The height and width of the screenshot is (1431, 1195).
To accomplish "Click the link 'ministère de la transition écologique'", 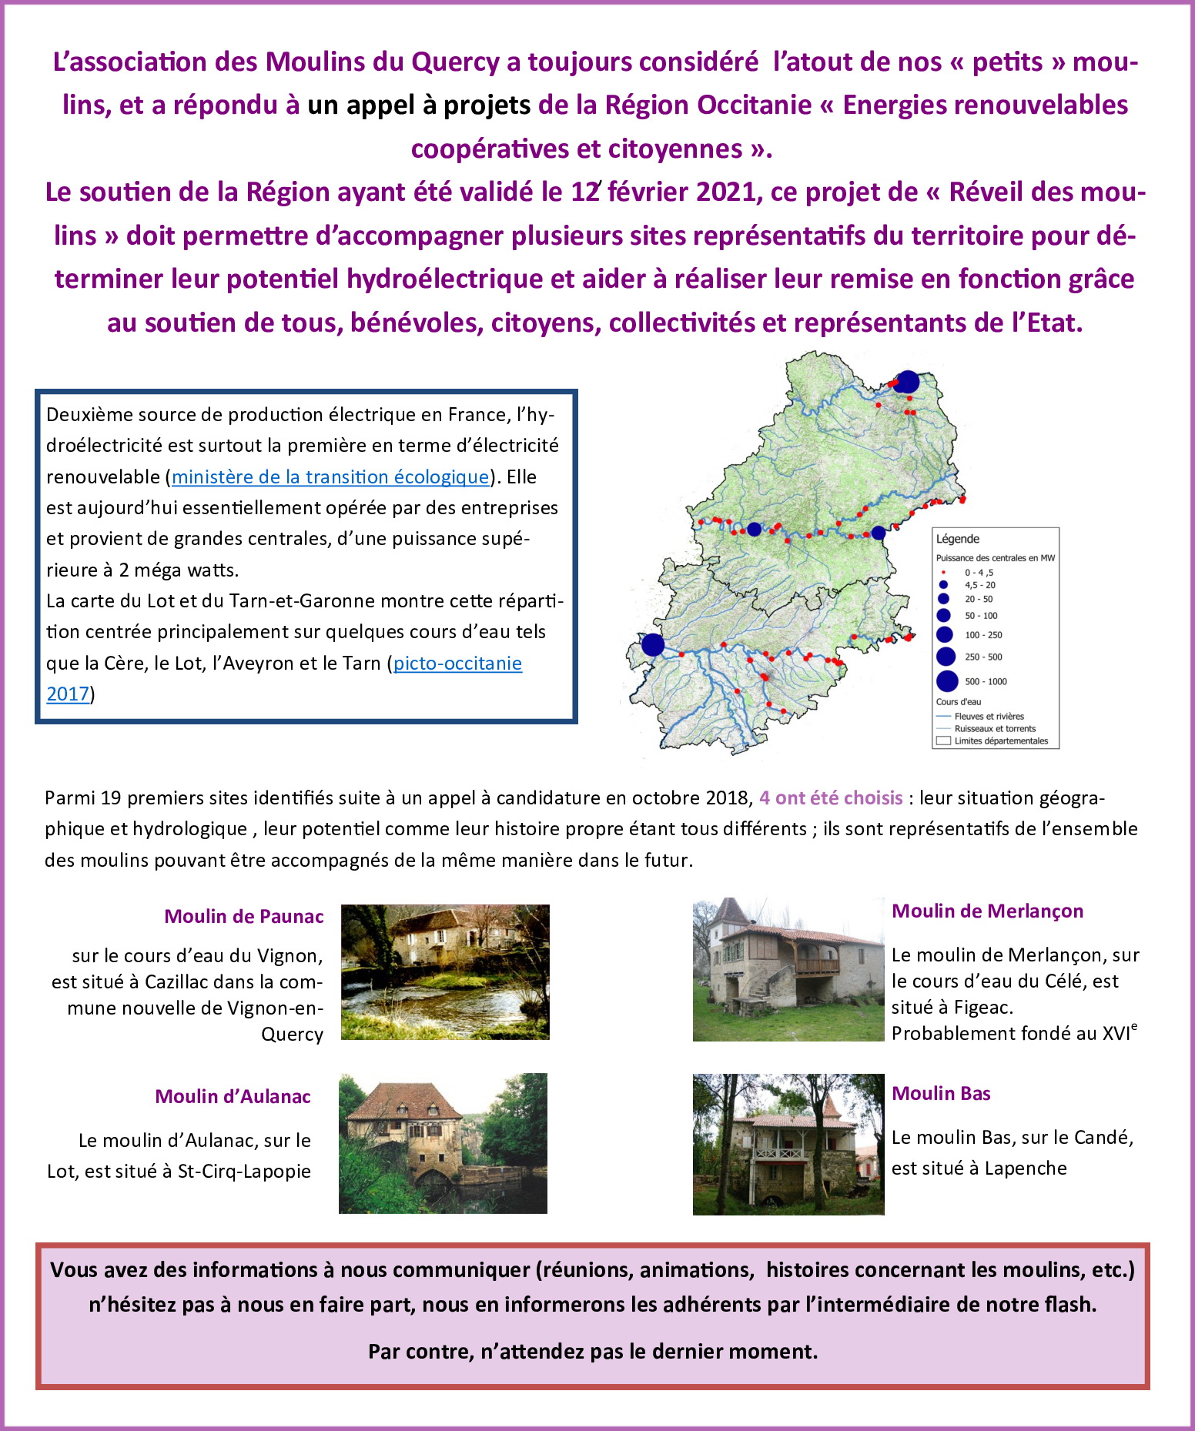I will pos(330,477).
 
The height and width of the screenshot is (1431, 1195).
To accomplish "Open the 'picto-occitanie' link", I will pos(457,664).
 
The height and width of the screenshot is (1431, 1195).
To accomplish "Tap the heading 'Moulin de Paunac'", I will pos(243,916).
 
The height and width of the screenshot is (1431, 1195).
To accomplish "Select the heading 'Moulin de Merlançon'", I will pos(987,911).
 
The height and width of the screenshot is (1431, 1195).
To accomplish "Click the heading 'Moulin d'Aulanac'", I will pos(233,1096).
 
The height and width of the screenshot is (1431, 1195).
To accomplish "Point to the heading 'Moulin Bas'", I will pos(941,1094).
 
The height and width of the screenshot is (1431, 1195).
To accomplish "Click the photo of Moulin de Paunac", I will pos(445,972).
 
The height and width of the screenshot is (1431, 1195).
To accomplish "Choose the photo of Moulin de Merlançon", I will pos(788,970).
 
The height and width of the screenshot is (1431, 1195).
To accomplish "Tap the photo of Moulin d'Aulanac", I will pos(443,1143).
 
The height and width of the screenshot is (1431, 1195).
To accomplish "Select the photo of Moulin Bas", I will pos(788,1145).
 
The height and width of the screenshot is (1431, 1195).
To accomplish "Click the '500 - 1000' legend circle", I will pos(947,681).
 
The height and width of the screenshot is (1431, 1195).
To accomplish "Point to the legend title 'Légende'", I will pos(958,539).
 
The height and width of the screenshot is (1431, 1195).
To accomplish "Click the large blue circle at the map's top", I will pos(908,382).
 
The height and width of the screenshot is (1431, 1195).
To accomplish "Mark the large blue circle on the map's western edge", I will pos(653,644).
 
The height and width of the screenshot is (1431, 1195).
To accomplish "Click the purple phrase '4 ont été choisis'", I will pos(831,797).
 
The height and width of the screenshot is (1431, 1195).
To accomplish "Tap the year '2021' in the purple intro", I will pos(728,192).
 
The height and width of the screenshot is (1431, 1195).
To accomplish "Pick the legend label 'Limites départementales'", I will pos(1001,741).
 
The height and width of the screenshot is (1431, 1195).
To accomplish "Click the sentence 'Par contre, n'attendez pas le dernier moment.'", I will pos(593,1351).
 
